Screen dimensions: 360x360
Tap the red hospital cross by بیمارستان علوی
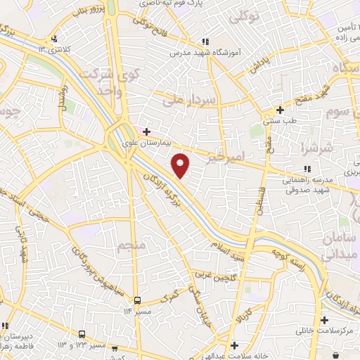point(146,131)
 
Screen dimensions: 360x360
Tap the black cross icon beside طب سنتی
point(280,110)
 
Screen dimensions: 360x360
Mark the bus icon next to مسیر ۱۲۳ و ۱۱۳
point(83,334)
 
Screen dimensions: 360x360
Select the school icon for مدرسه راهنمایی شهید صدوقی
point(307,169)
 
